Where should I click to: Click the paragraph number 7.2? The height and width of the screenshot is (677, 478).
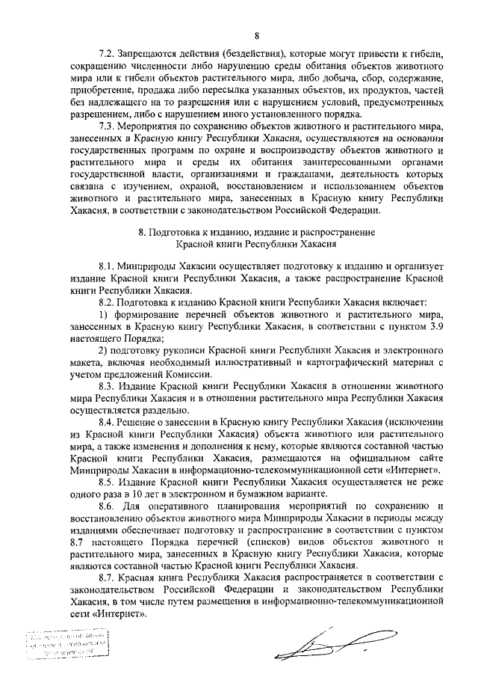click(108, 55)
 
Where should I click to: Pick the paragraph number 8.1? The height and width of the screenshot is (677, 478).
click(108, 266)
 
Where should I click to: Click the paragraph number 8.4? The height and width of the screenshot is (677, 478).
click(108, 422)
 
